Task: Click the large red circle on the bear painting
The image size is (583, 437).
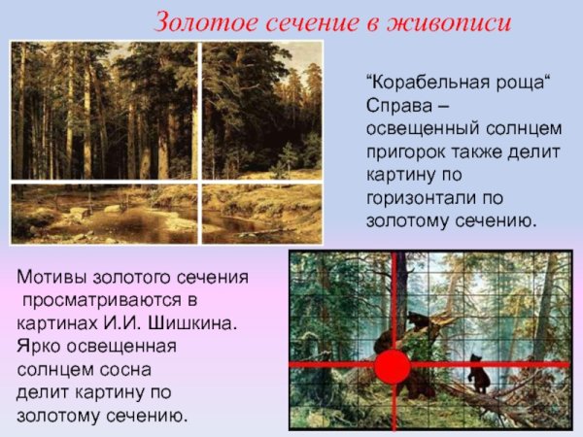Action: (x=393, y=368)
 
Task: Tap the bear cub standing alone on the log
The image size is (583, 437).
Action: (x=478, y=373)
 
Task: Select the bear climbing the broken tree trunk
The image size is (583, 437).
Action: (x=419, y=326)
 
